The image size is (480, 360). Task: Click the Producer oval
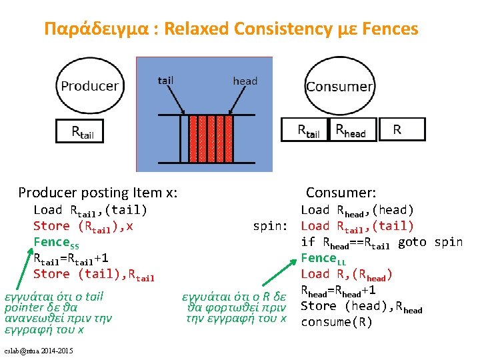[x=90, y=86]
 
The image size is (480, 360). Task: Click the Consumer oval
[x=339, y=87]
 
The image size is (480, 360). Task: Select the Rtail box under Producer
[x=90, y=131]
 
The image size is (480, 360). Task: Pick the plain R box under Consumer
[x=397, y=130]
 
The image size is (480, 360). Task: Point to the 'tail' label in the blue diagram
[x=165, y=81]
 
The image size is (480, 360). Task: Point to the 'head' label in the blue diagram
[x=245, y=81]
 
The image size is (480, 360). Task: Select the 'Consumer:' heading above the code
[x=341, y=193]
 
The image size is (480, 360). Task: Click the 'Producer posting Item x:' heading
[x=98, y=193]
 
